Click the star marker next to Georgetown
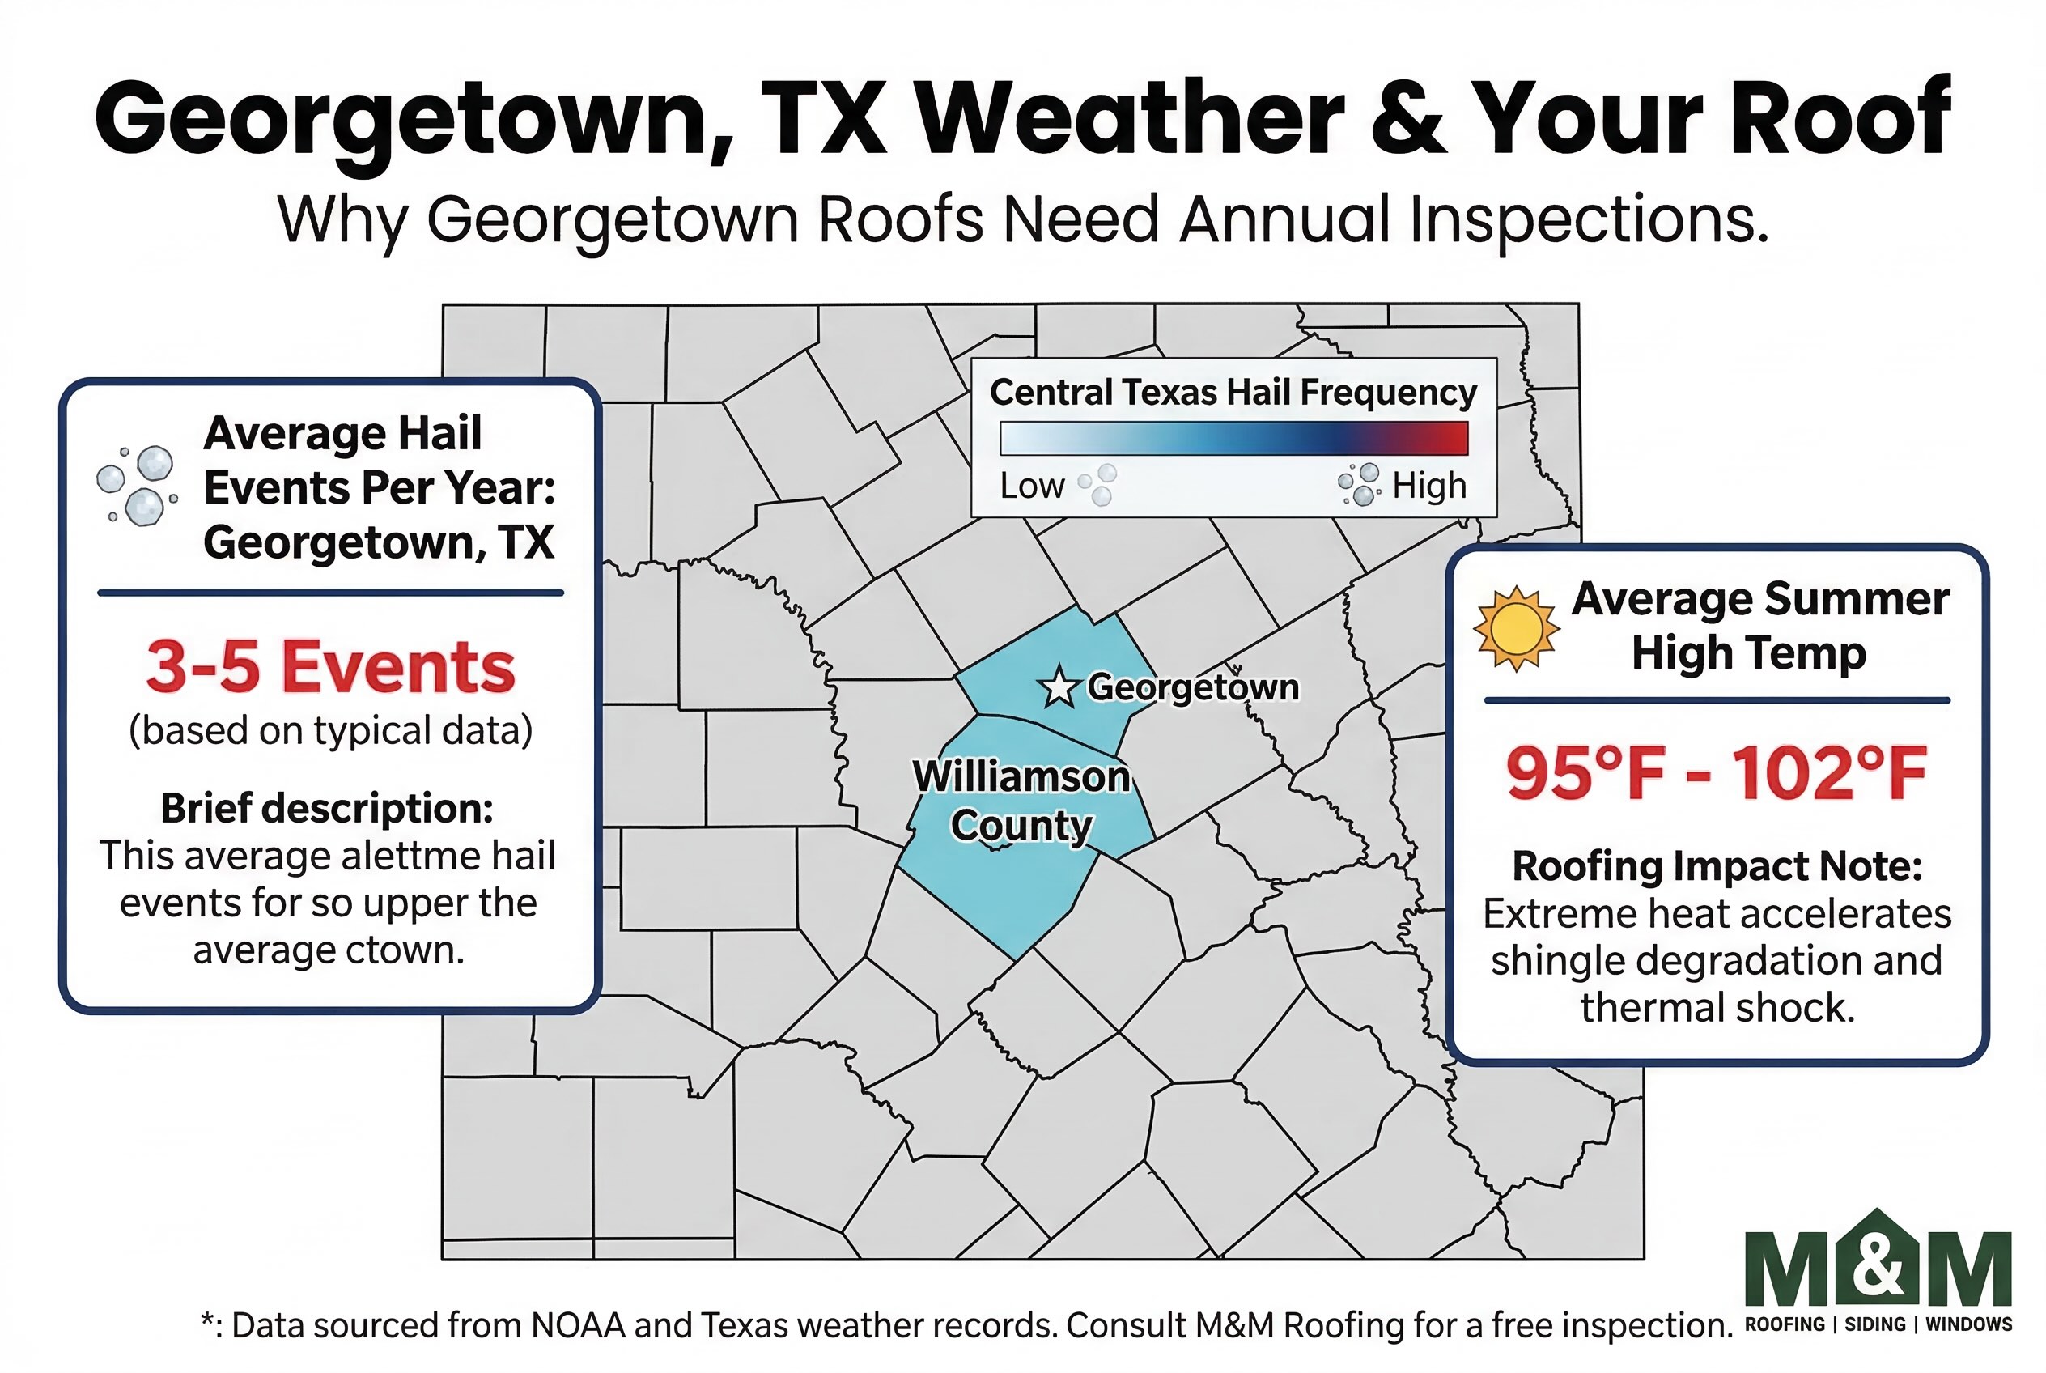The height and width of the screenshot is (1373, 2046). [x=1059, y=687]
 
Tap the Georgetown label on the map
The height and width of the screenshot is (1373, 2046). [x=1192, y=687]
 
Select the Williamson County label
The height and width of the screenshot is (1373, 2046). [x=1021, y=801]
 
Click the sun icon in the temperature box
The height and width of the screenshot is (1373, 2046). [x=1515, y=628]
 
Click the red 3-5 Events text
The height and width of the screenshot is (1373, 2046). [x=330, y=666]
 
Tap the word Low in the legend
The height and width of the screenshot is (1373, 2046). [x=1032, y=486]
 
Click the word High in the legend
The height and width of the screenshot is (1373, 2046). [x=1428, y=486]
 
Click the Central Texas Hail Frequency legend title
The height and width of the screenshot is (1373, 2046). [x=1233, y=393]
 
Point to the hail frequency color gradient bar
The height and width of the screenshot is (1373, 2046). [x=1233, y=438]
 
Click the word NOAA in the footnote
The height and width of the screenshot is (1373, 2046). [x=578, y=1326]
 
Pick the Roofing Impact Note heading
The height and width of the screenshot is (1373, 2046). [x=1717, y=866]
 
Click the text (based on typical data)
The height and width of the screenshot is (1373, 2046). [x=330, y=730]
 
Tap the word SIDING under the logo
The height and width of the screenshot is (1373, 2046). [x=1874, y=1324]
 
